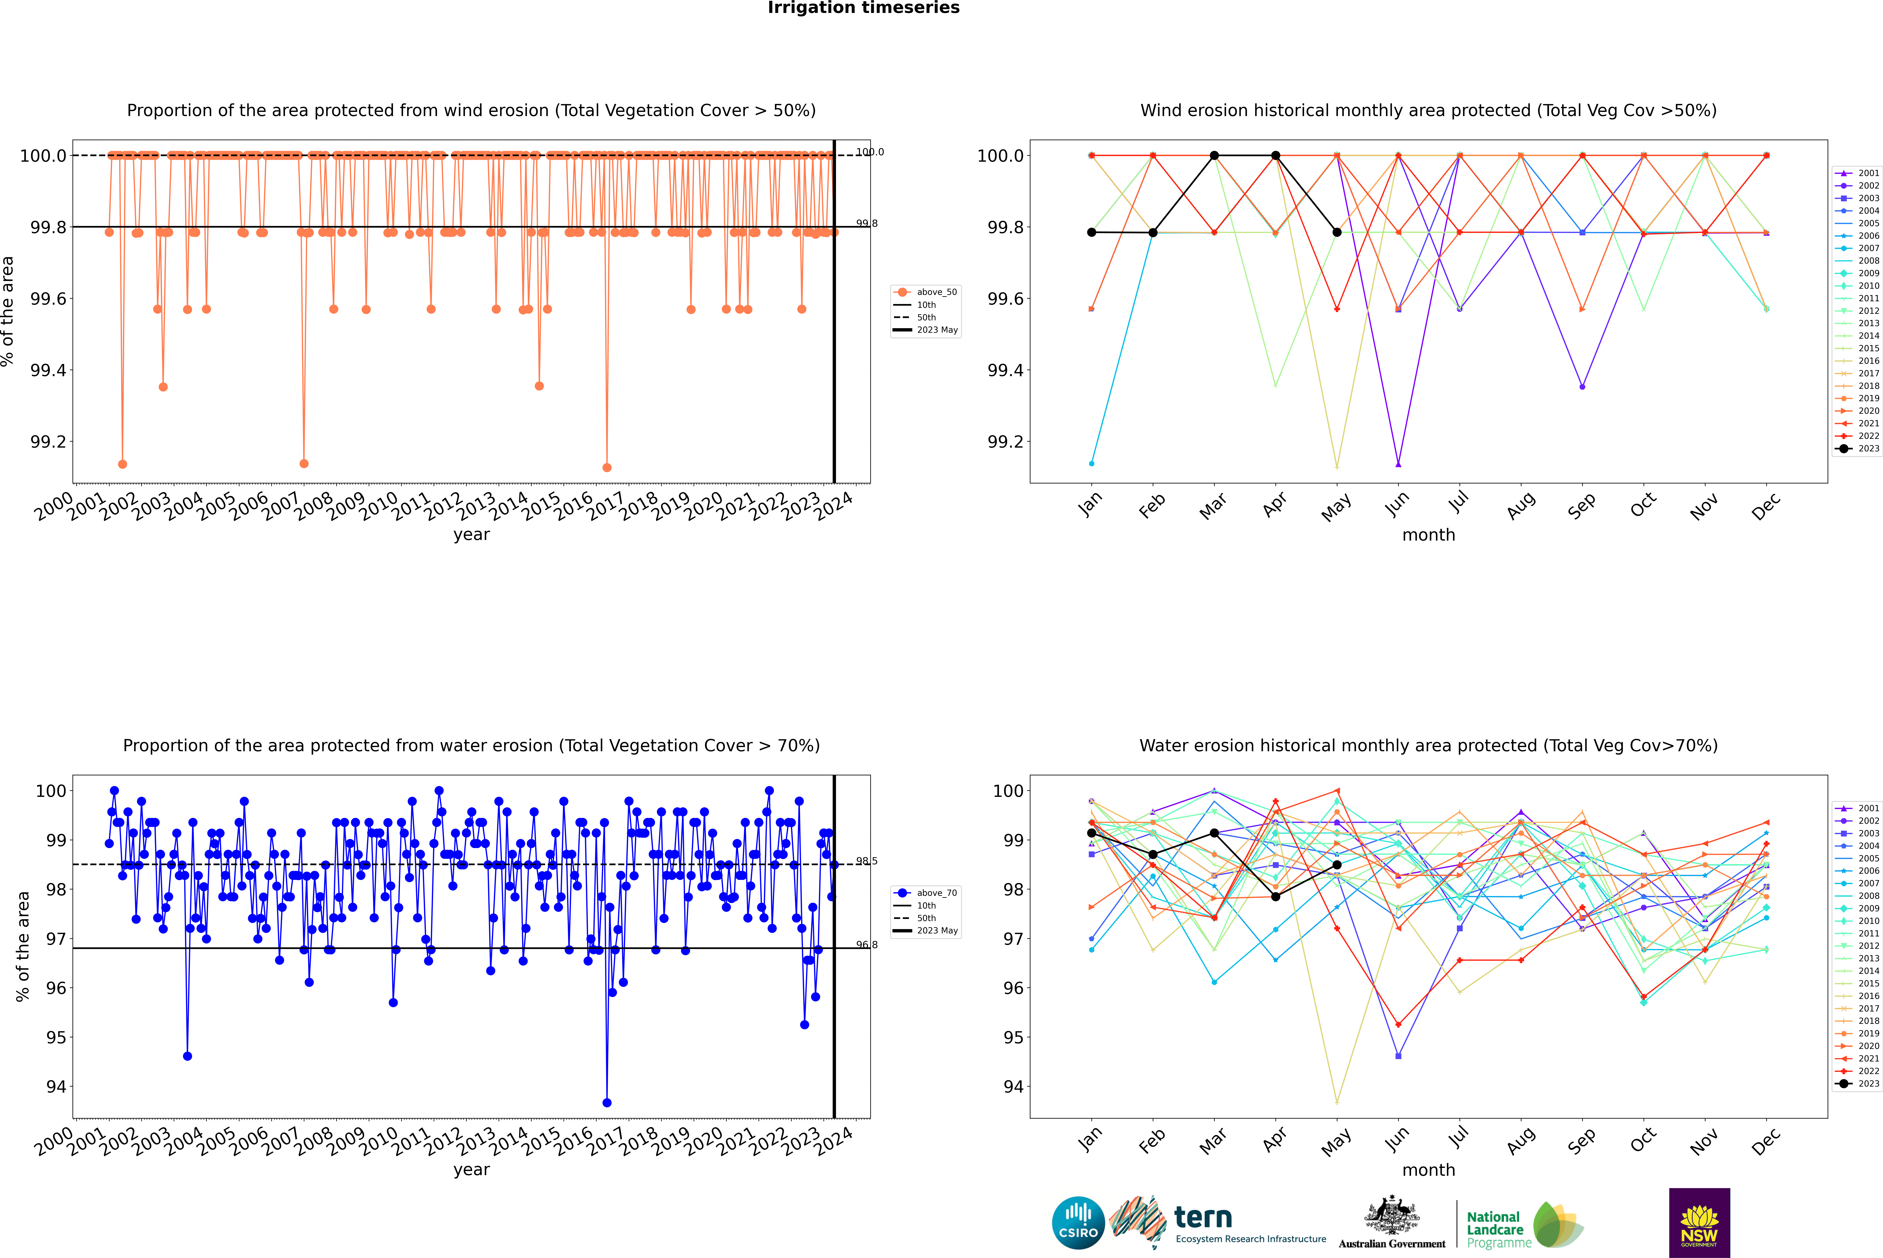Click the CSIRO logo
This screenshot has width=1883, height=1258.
tap(1078, 1223)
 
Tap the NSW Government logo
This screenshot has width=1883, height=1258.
tap(1699, 1223)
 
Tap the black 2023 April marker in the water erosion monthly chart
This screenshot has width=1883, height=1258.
tap(1275, 896)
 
